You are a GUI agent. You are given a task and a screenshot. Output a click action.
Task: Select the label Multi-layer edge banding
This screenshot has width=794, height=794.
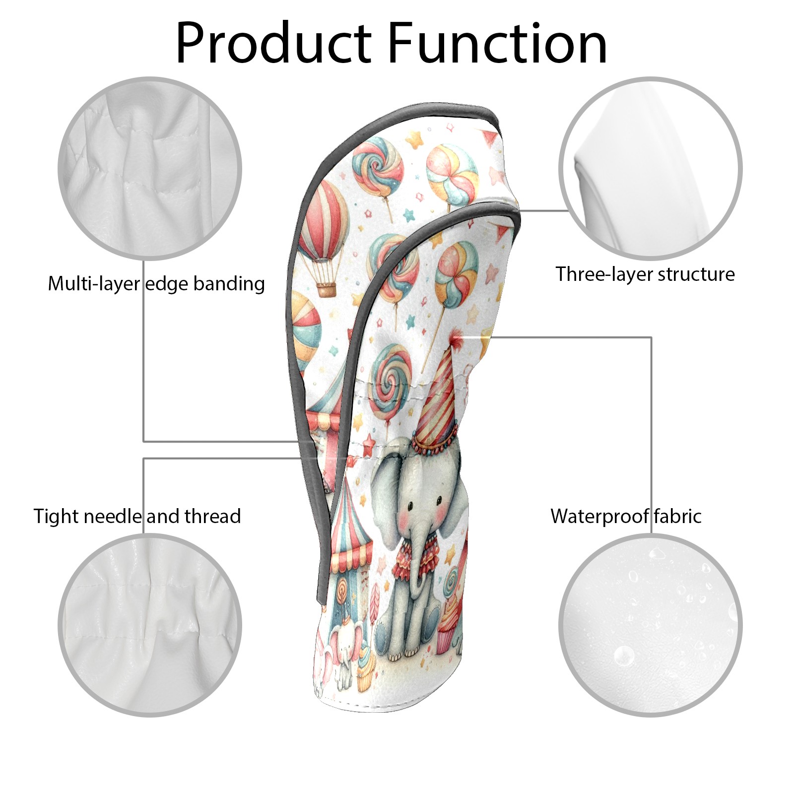tap(156, 284)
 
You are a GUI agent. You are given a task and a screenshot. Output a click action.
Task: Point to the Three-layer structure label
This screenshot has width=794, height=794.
tap(645, 274)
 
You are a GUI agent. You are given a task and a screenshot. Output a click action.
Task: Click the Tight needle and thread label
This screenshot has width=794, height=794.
tap(137, 516)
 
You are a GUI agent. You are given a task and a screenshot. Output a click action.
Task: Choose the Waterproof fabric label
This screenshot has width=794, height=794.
tap(626, 516)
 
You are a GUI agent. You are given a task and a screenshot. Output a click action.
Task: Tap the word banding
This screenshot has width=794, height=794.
tap(229, 284)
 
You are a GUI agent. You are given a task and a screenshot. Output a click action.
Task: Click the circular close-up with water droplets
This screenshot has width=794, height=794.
tap(651, 625)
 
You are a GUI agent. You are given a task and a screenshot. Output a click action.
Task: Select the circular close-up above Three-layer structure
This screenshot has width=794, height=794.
tap(651, 168)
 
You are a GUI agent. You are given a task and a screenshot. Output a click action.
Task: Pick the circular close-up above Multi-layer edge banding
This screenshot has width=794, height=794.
tap(150, 168)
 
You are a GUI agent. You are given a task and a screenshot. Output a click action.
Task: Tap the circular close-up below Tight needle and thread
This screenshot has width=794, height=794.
tap(150, 625)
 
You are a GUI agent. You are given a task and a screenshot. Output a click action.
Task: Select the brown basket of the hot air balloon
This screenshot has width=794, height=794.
tap(327, 289)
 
